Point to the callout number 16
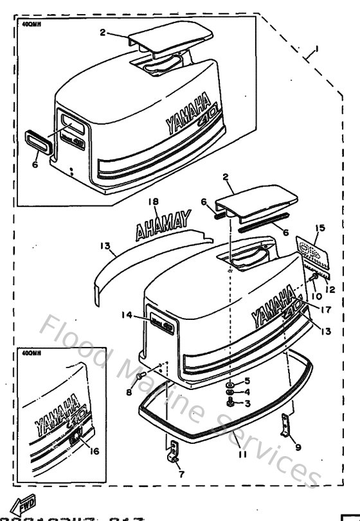click(x=94, y=451)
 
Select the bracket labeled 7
click(x=172, y=452)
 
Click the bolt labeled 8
click(x=142, y=377)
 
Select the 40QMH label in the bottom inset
click(x=30, y=353)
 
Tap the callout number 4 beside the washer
click(x=247, y=392)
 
